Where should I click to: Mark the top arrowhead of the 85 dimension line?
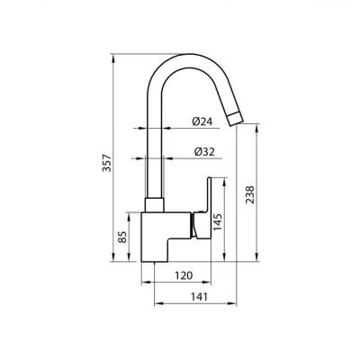[x=133, y=215]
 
